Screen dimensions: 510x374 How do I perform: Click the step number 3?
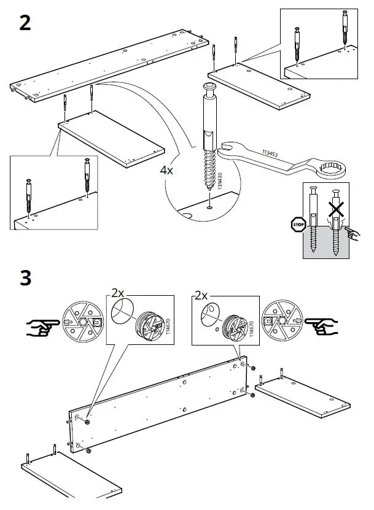[x=25, y=277]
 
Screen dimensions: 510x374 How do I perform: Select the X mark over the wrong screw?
[x=335, y=210]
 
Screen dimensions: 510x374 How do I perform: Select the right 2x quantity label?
[x=201, y=295]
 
